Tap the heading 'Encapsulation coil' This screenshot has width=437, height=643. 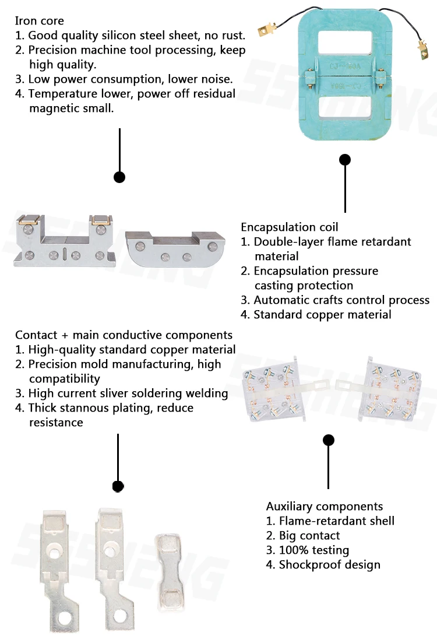(289, 227)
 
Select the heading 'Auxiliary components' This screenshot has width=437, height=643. (325, 507)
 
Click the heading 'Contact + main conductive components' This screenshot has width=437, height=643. (124, 335)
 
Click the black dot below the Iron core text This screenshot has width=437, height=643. (119, 177)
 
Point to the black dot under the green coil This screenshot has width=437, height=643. (345, 159)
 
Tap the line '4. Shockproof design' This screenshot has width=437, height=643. (323, 565)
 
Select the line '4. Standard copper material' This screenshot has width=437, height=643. (316, 315)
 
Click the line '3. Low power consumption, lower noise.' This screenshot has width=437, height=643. (124, 79)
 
